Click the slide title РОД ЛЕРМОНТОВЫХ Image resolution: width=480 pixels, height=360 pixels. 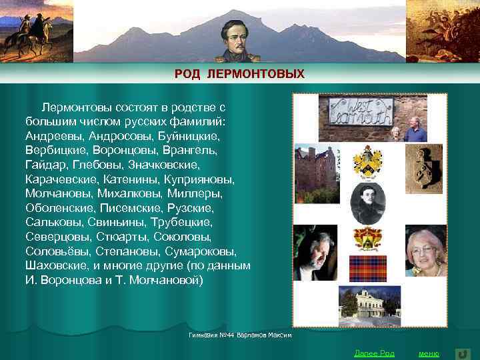pos(239,74)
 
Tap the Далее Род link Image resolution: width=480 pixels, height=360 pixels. pos(374,353)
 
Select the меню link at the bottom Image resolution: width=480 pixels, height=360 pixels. pos(429,353)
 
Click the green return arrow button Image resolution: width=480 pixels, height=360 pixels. pos(462,353)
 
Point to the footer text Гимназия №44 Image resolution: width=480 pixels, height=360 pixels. pos(239,333)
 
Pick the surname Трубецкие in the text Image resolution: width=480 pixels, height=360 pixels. pos(181,222)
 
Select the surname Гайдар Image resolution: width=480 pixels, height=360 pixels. pos(46,165)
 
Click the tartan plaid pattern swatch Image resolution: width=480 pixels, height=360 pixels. pos(368,269)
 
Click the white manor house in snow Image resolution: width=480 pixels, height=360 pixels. pos(369,303)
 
